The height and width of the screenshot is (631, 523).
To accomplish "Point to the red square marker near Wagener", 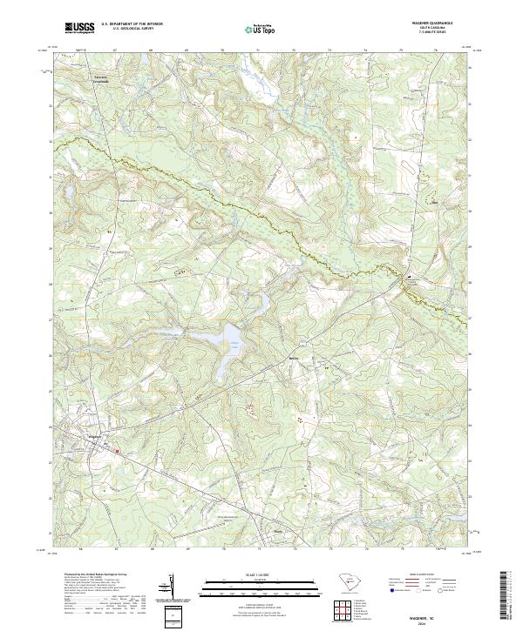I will pos(118,450).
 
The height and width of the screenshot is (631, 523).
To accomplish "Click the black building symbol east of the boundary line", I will pos(405,278).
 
